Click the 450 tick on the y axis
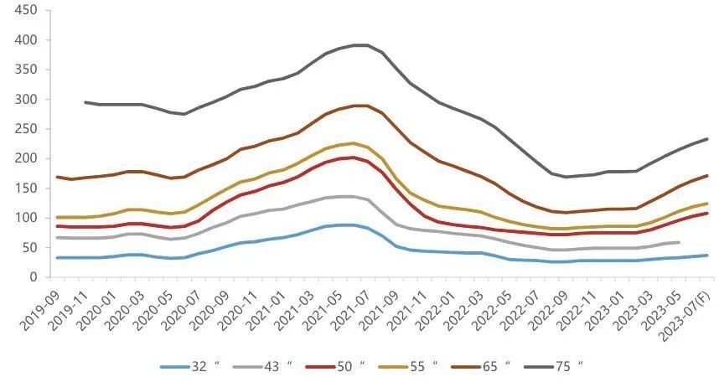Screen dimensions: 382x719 point(25,11)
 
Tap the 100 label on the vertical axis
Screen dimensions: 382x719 point(25,218)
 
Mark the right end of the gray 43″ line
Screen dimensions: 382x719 point(678,242)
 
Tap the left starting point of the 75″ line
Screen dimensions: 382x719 point(85,102)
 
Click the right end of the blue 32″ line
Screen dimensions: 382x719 point(708,256)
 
